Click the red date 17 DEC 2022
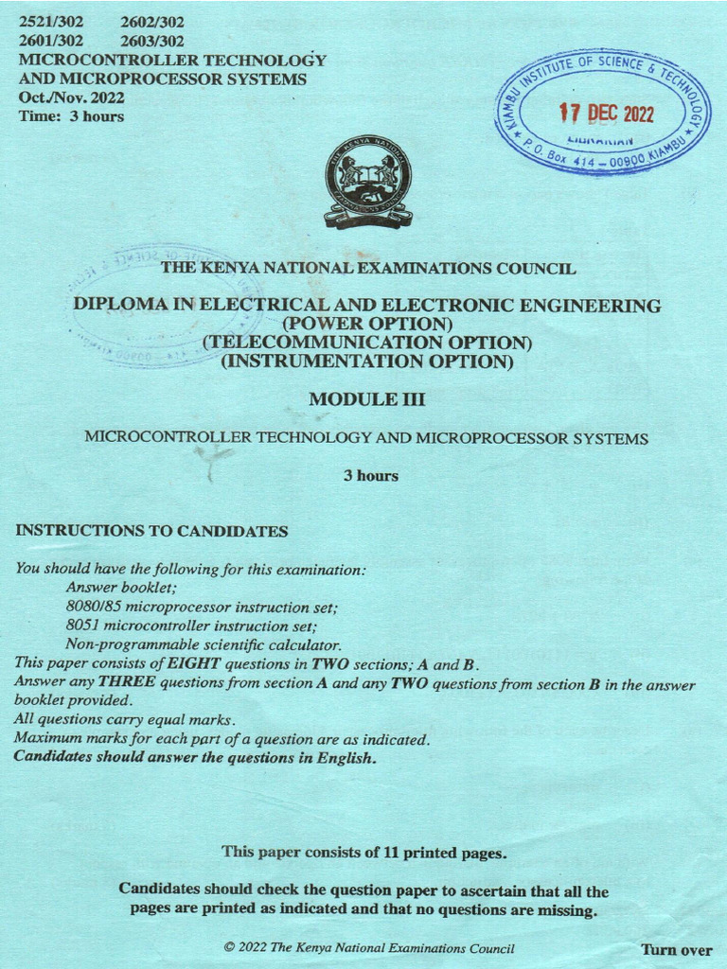606,114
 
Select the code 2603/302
152,41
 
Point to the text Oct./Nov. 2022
71,97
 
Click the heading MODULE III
367,399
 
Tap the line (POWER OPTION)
367,324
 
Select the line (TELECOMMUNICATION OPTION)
367,342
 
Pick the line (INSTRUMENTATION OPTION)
367,361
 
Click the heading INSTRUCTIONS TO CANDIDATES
151,531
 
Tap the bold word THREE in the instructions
126,683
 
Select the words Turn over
676,949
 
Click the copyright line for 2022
369,948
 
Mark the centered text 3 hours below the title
370,476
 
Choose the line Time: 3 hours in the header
71,116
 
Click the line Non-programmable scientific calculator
204,644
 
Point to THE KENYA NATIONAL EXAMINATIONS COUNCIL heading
367,268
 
